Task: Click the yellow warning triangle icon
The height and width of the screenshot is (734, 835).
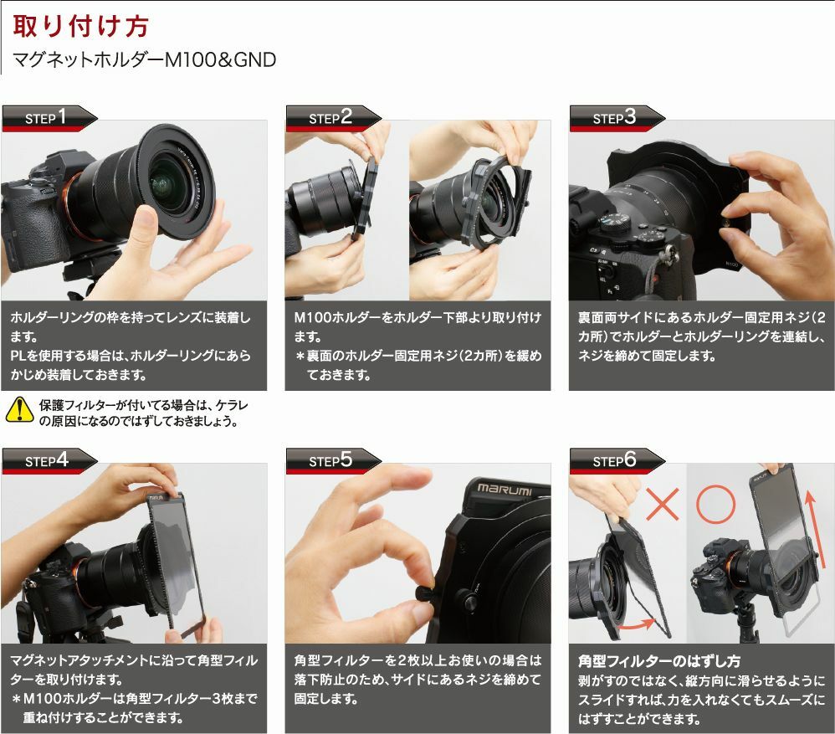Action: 18,410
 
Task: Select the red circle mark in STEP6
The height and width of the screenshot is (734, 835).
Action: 716,503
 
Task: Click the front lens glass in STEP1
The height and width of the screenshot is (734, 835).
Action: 173,180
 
